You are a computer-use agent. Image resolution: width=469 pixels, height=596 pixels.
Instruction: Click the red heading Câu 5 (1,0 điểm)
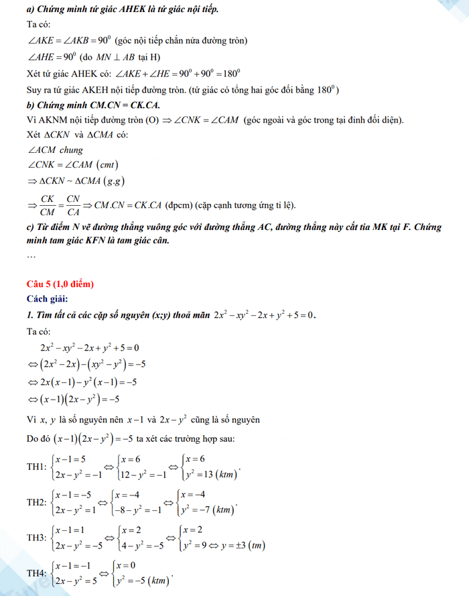60,284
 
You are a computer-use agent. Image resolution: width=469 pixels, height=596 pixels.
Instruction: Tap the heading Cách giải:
48,299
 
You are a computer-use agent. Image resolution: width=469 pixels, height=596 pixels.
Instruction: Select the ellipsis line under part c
31,255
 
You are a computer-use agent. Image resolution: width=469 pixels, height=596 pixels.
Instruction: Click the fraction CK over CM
48,205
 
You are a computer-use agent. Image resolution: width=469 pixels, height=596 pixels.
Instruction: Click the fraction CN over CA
73,205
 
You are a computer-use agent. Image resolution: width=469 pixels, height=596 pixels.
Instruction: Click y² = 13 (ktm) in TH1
210,475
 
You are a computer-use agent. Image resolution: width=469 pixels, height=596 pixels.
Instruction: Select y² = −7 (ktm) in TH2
208,510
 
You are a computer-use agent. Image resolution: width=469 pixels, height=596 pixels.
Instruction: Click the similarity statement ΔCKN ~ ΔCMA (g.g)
76,181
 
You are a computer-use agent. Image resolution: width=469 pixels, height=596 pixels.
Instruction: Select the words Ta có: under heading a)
38,25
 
